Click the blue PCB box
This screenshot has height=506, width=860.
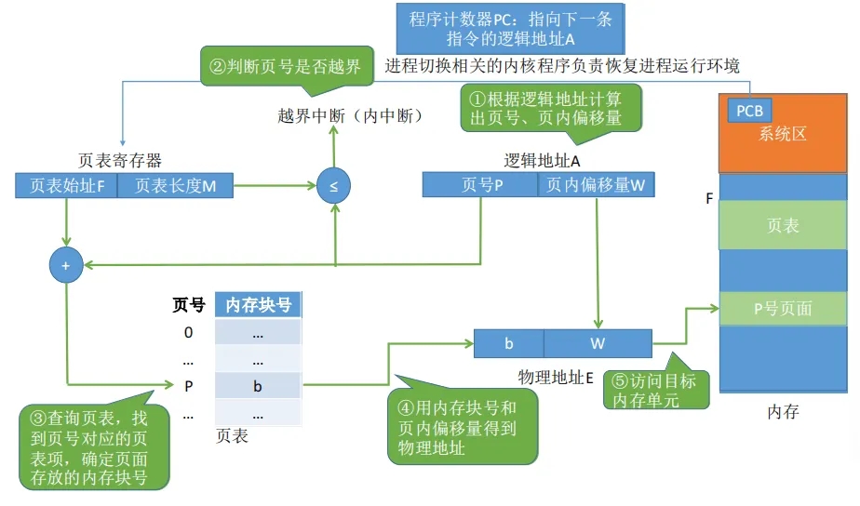pos(749,111)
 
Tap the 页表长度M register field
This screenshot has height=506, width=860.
pos(176,186)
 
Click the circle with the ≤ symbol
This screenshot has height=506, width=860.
pos(333,186)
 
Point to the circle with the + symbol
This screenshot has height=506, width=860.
pos(66,266)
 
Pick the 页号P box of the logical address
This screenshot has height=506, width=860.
pos(480,185)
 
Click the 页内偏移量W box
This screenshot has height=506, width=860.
pos(596,185)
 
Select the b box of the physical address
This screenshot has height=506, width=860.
pos(508,343)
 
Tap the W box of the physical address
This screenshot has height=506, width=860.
pos(598,343)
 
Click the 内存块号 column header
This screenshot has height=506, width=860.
pos(258,305)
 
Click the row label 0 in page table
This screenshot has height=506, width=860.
pos(188,333)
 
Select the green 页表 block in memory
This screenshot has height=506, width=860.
pos(783,226)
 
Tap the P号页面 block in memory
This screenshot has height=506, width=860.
pos(783,308)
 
